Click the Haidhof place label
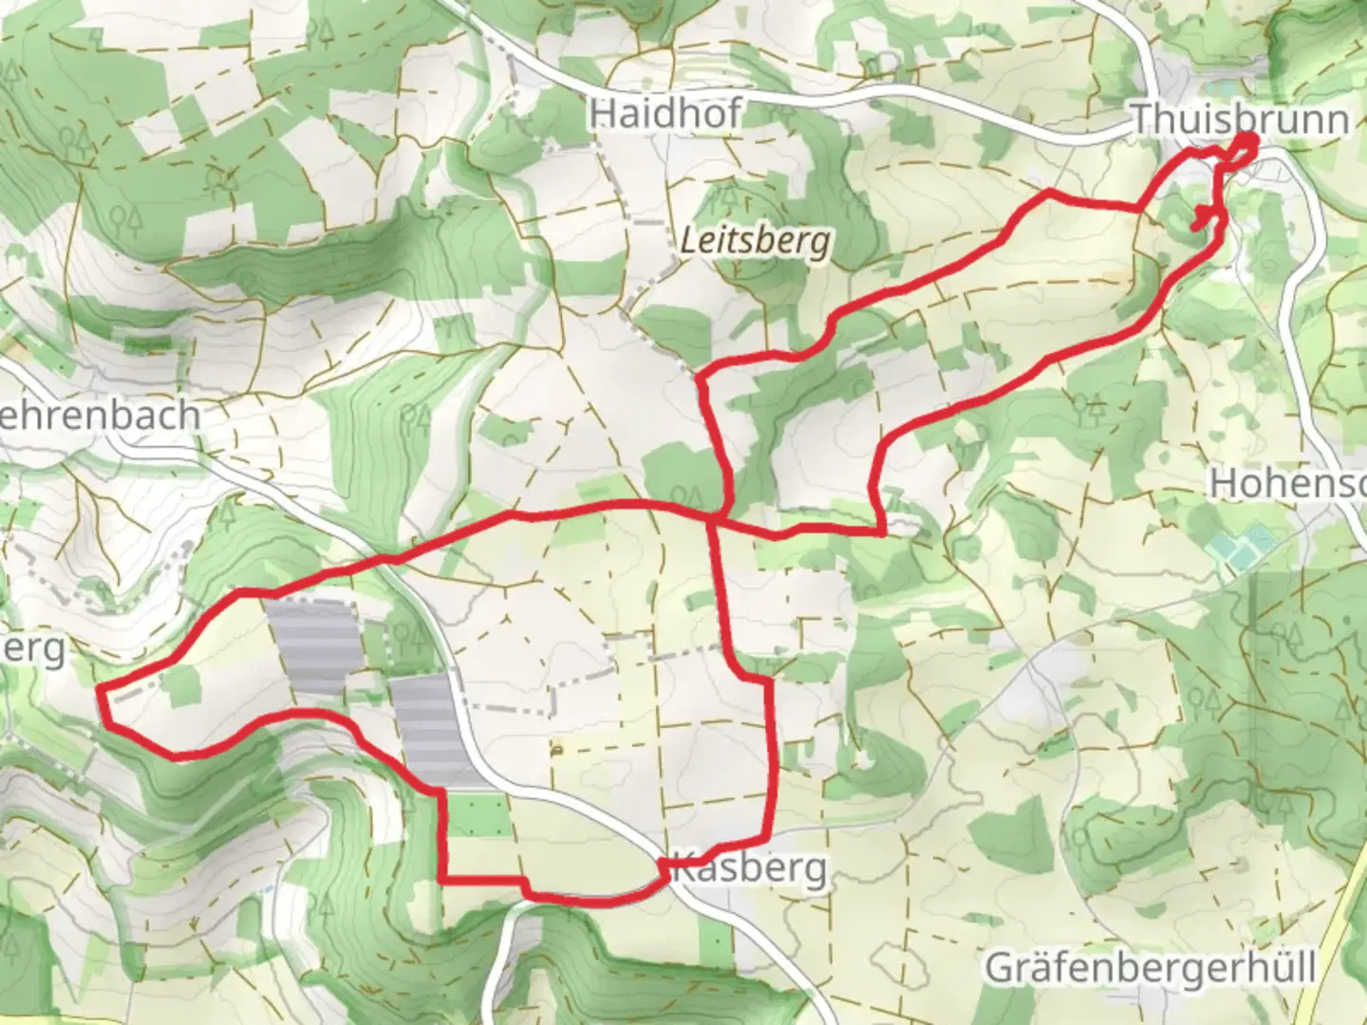tap(665, 114)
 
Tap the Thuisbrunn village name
tap(1240, 121)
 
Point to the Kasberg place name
tap(749, 868)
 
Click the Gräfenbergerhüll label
tap(1150, 969)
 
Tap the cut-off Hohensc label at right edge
tap(1287, 483)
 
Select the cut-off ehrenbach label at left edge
tap(100, 416)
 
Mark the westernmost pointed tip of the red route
tap(101, 686)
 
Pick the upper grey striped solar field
tap(310, 644)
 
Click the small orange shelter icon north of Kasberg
tap(555, 750)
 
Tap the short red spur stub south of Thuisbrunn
tap(1202, 217)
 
